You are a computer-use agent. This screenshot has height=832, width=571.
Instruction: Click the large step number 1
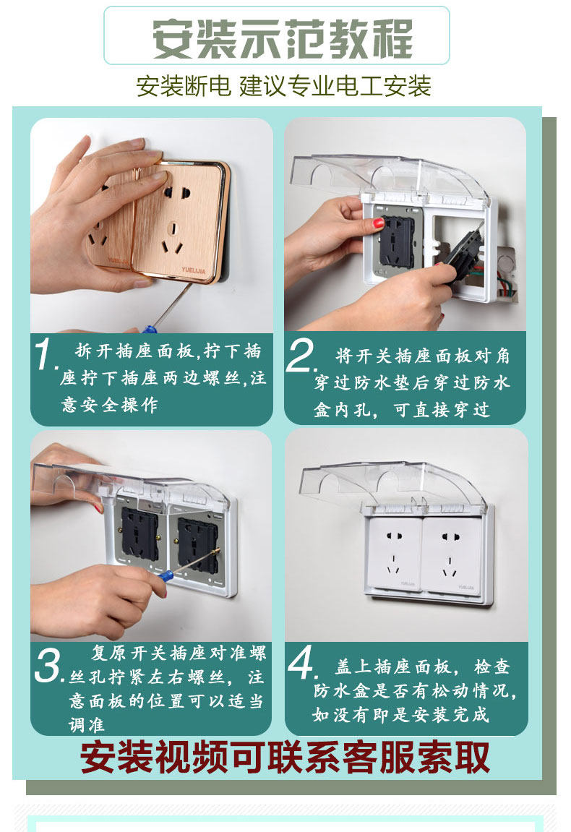tap(45, 353)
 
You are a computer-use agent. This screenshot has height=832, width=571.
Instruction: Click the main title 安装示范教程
tap(283, 39)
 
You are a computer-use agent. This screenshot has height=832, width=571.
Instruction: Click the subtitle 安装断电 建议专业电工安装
tap(283, 86)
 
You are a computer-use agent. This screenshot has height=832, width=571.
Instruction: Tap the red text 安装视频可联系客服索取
tap(285, 757)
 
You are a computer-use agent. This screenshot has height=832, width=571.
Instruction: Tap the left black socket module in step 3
tap(139, 533)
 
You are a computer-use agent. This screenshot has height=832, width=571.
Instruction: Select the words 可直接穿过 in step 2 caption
tap(442, 409)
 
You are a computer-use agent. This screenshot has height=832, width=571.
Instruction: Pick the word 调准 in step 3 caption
tap(86, 725)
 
